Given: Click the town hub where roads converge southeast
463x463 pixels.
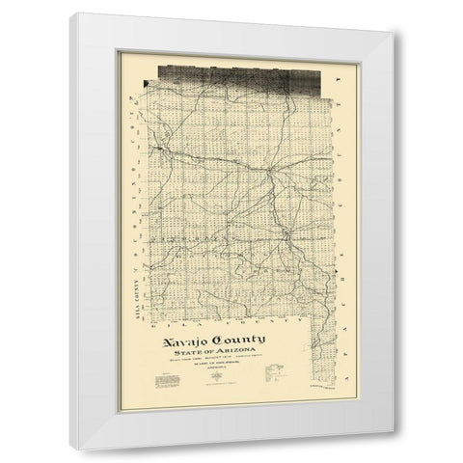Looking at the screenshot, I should tap(286, 234).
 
